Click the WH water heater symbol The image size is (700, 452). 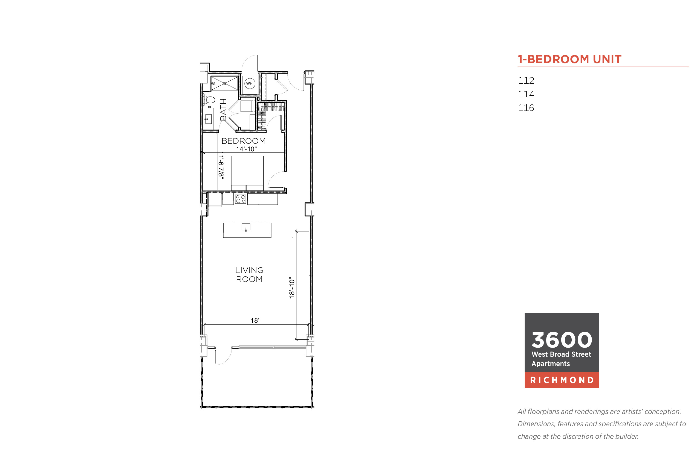pyautogui.click(x=249, y=83)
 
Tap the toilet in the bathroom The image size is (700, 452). pyautogui.click(x=209, y=99)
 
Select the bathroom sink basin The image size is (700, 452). pyautogui.click(x=208, y=119)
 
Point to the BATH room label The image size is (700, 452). pyautogui.click(x=223, y=110)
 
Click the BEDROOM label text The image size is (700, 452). pyautogui.click(x=243, y=141)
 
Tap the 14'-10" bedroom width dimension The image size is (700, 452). pyautogui.click(x=246, y=149)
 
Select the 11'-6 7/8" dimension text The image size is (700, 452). pyautogui.click(x=221, y=165)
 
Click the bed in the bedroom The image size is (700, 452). pyautogui.click(x=247, y=174)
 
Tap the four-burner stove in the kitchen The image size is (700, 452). pyautogui.click(x=240, y=199)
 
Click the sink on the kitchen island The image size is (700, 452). pyautogui.click(x=246, y=227)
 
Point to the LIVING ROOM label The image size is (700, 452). pyautogui.click(x=249, y=274)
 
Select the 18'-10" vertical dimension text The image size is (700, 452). pyautogui.click(x=291, y=288)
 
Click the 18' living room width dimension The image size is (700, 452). pyautogui.click(x=255, y=321)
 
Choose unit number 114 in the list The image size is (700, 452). pyautogui.click(x=526, y=94)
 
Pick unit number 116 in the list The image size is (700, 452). pyautogui.click(x=526, y=108)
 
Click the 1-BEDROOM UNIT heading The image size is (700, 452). pyautogui.click(x=569, y=59)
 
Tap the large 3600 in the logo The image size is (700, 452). pyautogui.click(x=562, y=340)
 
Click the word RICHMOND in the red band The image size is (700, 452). pyautogui.click(x=562, y=380)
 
